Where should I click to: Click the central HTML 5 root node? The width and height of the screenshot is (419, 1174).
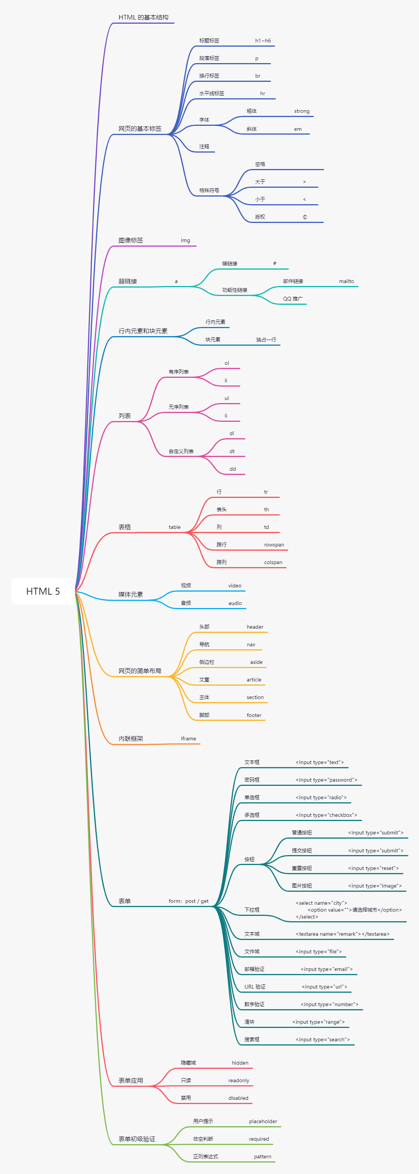point(43,591)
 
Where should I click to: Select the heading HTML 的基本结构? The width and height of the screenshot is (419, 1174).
point(143,17)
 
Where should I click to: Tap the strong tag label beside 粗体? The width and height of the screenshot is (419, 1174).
point(302,111)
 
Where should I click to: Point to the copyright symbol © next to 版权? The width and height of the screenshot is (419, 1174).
point(305,217)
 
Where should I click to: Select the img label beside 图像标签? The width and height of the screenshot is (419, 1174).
point(185,240)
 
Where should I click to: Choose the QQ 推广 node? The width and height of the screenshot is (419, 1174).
point(292,299)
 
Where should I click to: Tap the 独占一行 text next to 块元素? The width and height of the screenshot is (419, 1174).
point(266,340)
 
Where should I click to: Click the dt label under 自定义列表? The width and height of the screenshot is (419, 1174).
point(232,451)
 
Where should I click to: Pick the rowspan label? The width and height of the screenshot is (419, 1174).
point(274,545)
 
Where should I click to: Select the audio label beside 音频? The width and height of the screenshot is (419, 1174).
point(235,603)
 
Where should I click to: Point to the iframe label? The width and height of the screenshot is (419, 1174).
point(188,738)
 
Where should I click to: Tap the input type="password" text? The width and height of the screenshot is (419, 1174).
point(326,780)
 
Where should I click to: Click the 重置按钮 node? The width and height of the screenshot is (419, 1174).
point(302,868)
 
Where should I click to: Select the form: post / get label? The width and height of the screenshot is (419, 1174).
point(188,901)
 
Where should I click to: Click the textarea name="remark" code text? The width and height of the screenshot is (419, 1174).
point(342,934)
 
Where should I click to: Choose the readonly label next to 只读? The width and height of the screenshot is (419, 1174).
point(238,1081)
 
